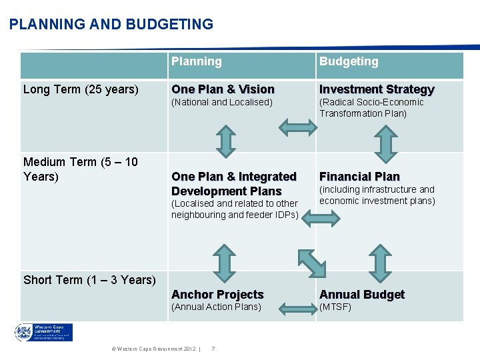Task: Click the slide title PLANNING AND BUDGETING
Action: [111, 25]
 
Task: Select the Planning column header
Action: [196, 61]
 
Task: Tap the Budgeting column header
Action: [348, 61]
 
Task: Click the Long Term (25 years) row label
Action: [81, 89]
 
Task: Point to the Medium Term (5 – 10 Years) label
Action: [81, 169]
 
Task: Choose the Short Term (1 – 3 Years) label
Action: [89, 280]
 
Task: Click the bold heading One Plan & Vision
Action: [223, 89]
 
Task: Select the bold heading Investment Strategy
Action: [377, 89]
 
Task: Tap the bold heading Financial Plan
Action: [359, 177]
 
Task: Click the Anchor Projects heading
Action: [217, 295]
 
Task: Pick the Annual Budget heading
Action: [362, 295]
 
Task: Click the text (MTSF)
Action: [335, 307]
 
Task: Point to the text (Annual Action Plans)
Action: [216, 307]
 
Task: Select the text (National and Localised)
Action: [222, 102]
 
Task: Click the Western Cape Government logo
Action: [44, 333]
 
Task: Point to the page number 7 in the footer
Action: [213, 349]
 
